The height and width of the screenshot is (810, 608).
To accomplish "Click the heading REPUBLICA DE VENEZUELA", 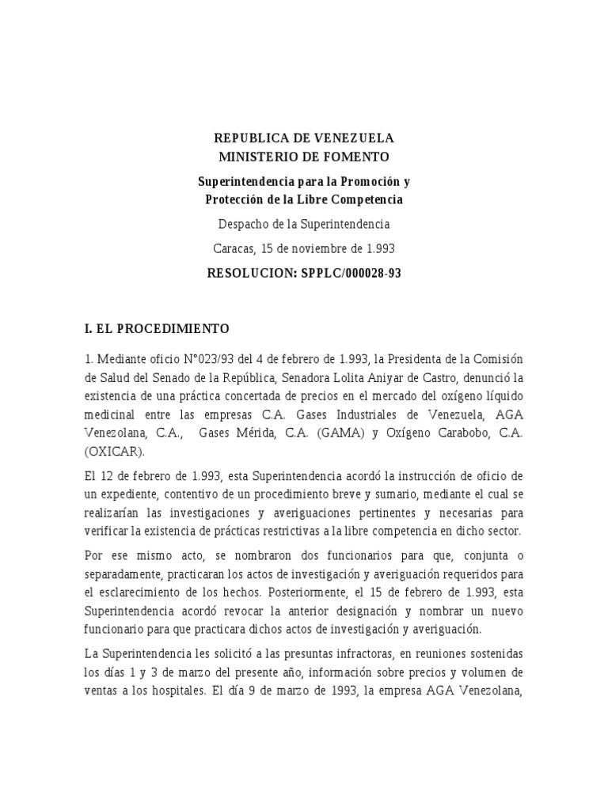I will (x=305, y=139).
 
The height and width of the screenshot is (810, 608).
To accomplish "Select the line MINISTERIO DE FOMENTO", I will (x=305, y=157).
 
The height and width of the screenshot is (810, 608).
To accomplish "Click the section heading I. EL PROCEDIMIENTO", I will (x=157, y=327).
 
